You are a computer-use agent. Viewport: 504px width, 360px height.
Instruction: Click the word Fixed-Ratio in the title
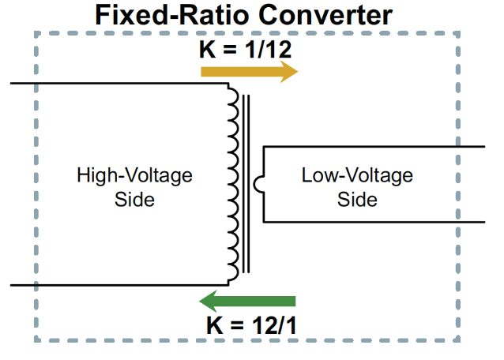tap(162, 15)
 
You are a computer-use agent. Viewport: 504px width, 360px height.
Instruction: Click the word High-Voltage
tap(134, 175)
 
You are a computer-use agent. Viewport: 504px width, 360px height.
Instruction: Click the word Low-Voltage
tap(357, 175)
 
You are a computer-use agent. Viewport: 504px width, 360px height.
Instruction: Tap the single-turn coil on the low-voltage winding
tap(258, 184)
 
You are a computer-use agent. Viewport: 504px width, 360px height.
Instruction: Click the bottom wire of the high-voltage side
tap(118, 284)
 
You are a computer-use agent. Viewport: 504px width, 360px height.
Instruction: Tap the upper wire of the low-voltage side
tap(371, 148)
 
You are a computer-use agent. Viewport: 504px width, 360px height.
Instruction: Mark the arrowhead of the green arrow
tap(209, 301)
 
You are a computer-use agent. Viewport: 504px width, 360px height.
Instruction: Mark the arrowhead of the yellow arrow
tap(288, 72)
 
